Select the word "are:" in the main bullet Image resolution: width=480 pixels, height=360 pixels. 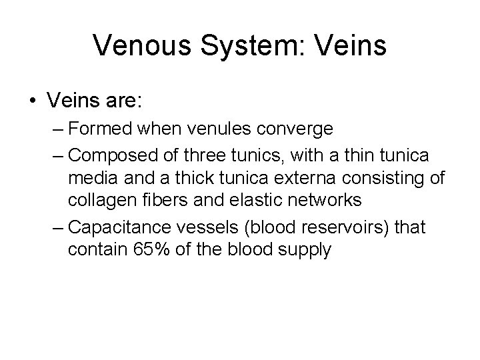[x=125, y=101]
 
